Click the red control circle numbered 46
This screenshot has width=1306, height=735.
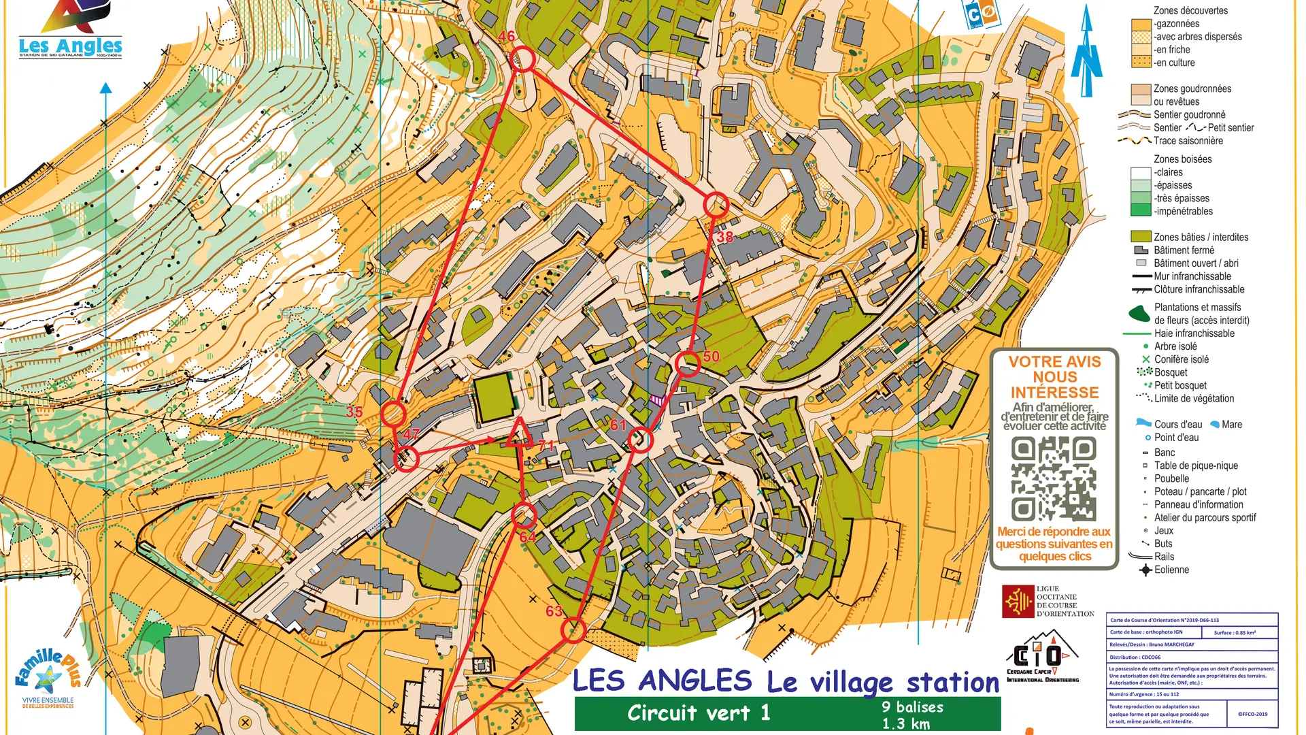(x=522, y=59)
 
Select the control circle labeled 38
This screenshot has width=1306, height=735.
(x=716, y=205)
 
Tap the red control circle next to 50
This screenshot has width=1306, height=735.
(x=688, y=364)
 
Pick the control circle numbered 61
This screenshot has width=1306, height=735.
(x=639, y=440)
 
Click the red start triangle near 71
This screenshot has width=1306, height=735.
(x=520, y=434)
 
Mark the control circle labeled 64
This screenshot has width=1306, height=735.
(x=524, y=515)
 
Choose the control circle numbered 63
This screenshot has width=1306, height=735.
(x=573, y=630)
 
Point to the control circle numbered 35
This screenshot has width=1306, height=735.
(x=393, y=414)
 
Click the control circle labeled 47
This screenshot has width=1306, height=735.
(x=407, y=459)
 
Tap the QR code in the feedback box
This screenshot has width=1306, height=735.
(x=1054, y=478)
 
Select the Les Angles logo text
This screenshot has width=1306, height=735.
(x=71, y=46)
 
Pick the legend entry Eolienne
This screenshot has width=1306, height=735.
(x=1171, y=570)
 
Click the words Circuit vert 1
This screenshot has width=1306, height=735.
(x=699, y=713)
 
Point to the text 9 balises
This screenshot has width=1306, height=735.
(x=912, y=707)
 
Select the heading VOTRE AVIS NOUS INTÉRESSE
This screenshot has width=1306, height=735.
(x=1054, y=377)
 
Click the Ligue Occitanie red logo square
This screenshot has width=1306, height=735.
(x=1018, y=602)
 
